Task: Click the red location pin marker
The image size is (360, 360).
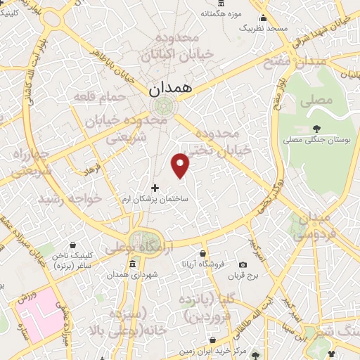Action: (x=181, y=165)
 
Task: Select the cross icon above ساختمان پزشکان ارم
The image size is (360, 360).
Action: (x=155, y=188)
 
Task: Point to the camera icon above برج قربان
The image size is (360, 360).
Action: (x=243, y=264)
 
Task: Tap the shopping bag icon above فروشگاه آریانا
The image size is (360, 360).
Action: (x=203, y=253)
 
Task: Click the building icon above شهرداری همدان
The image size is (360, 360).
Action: (x=133, y=264)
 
